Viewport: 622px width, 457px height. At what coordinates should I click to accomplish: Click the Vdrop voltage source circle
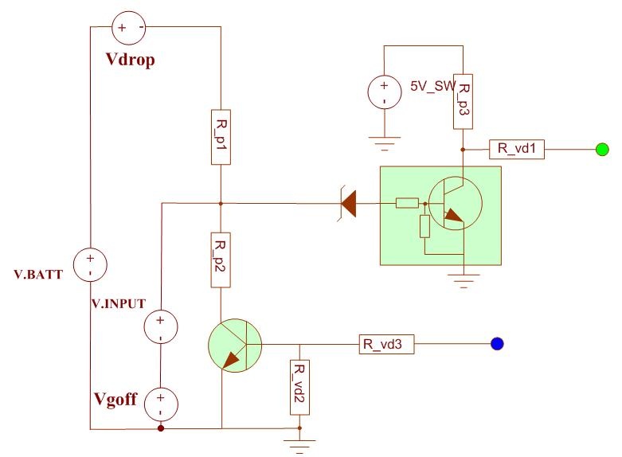pyautogui.click(x=129, y=27)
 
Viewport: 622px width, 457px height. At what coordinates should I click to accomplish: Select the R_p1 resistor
pyautogui.click(x=221, y=137)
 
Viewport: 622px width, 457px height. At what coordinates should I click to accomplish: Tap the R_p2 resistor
pyautogui.click(x=221, y=260)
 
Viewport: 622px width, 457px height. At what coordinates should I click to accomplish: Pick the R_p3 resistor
pyautogui.click(x=463, y=102)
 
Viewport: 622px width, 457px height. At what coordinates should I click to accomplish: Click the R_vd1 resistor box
pyautogui.click(x=517, y=149)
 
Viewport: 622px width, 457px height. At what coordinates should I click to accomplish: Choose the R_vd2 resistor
pyautogui.click(x=299, y=387)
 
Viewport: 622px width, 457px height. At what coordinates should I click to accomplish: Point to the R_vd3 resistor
pyautogui.click(x=387, y=344)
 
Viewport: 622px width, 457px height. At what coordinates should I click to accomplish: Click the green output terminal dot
pyautogui.click(x=602, y=149)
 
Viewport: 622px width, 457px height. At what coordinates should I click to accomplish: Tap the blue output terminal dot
pyautogui.click(x=497, y=343)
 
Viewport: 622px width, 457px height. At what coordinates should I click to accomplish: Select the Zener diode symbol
pyautogui.click(x=348, y=204)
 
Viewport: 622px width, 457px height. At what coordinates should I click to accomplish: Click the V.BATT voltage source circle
pyautogui.click(x=91, y=264)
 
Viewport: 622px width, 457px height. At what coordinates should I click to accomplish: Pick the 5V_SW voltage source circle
pyautogui.click(x=385, y=92)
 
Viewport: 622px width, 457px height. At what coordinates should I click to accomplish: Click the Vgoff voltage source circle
pyautogui.click(x=161, y=404)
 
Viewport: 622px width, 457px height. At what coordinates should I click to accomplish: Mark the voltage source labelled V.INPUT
pyautogui.click(x=161, y=327)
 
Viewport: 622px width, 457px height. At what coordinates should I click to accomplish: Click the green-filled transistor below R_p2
pyautogui.click(x=235, y=345)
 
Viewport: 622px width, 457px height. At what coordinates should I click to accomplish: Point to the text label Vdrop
pyautogui.click(x=130, y=60)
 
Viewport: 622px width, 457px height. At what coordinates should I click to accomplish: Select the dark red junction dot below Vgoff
pyautogui.click(x=161, y=428)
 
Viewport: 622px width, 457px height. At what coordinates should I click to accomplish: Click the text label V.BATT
pyautogui.click(x=38, y=275)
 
